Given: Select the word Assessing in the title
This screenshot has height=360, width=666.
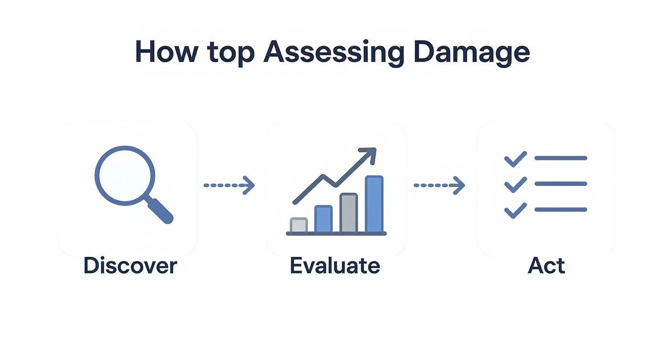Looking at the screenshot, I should (334, 53).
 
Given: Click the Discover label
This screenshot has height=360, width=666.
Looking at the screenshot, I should (130, 265).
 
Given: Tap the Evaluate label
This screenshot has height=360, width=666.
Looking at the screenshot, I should (335, 265).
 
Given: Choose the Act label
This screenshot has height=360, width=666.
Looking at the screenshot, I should (546, 265).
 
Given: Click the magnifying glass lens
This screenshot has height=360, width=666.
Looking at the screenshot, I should (125, 176).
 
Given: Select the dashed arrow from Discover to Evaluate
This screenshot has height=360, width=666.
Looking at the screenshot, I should (229, 185).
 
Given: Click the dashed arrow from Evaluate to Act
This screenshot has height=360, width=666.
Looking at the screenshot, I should (439, 185).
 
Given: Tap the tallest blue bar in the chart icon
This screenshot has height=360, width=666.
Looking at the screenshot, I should (374, 204).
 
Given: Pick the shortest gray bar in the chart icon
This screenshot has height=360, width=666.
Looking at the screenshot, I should (299, 225).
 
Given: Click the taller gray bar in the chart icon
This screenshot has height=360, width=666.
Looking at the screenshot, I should (349, 213).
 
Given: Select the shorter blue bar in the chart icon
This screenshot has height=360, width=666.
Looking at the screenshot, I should (323, 219).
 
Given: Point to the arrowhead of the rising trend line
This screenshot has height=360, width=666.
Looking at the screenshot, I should (369, 155).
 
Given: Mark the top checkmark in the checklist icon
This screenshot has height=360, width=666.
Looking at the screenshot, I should (515, 159).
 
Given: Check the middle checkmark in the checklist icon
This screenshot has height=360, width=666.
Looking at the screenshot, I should (515, 184).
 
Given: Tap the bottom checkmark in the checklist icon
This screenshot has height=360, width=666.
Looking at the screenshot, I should (515, 210).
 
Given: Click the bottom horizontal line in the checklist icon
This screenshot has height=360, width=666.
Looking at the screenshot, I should (560, 210).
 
